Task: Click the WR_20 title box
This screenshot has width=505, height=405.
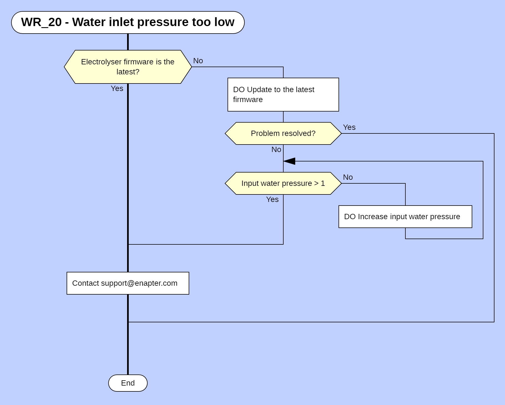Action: [x=128, y=22]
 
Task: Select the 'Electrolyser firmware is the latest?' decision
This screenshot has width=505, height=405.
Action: [x=128, y=67]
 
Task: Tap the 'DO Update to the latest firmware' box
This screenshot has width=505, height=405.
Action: [x=283, y=95]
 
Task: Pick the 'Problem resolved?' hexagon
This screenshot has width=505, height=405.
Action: [x=283, y=133]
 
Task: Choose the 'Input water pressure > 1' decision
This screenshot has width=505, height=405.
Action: [x=283, y=183]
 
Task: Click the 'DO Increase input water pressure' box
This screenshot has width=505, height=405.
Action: [x=405, y=217]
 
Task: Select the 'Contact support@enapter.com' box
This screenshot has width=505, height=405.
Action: [x=128, y=283]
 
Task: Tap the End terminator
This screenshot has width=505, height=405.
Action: [x=128, y=383]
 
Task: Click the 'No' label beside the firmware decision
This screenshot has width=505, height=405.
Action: [x=198, y=61]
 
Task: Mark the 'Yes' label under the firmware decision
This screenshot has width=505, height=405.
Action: [x=117, y=88]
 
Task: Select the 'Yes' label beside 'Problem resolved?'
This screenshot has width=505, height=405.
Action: [x=349, y=127]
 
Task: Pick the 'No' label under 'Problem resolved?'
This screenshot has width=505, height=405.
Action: [x=276, y=150]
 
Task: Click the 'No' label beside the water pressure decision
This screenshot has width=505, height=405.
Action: [x=348, y=177]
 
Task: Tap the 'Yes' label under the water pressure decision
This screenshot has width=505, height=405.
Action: [x=272, y=199]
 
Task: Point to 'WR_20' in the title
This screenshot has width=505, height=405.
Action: [x=41, y=22]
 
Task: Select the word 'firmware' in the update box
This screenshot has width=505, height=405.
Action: [x=248, y=100]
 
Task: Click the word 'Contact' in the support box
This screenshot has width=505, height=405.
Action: [x=85, y=283]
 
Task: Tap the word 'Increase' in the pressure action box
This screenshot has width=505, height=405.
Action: [x=373, y=217]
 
